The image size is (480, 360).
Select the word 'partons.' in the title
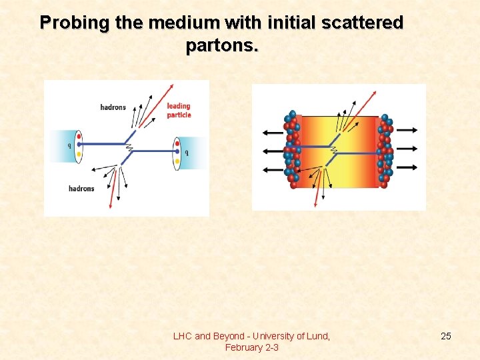click(223, 47)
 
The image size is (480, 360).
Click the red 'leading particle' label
click(179, 111)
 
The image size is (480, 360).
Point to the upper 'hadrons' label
click(113, 107)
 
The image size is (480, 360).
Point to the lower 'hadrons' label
click(81, 189)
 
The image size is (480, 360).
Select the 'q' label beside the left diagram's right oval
click(187, 152)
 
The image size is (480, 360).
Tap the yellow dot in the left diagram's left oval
click(79, 155)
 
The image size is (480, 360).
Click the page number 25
click(446, 336)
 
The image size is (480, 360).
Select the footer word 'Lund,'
click(317, 336)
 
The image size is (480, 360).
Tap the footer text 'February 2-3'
click(252, 347)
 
